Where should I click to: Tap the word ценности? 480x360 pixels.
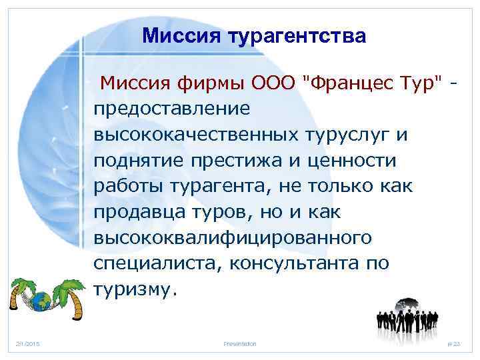[x=353, y=161]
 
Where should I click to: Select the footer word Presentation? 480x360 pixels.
[x=240, y=343]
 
